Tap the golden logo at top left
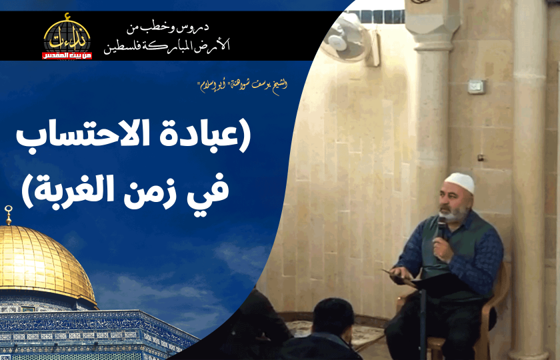[67, 34]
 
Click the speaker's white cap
[461, 183]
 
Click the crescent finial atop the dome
[8, 215]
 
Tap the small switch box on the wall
[475, 87]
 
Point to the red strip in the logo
[67, 55]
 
